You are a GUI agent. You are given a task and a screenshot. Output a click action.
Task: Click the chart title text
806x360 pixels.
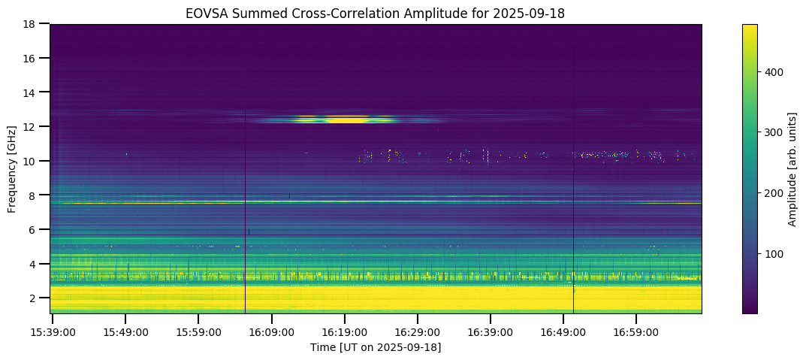(376, 14)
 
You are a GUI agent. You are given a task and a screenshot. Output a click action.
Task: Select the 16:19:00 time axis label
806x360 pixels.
(345, 331)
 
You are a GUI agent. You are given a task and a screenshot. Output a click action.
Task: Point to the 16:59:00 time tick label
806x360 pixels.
(636, 331)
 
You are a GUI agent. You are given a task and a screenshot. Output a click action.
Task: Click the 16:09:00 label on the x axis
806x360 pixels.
(272, 331)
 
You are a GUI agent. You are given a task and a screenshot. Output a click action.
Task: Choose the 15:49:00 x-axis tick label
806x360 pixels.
(125, 331)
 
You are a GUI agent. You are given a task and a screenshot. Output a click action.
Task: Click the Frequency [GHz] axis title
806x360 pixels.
(12, 168)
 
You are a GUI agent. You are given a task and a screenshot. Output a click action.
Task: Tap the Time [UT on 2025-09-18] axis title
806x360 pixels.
(376, 347)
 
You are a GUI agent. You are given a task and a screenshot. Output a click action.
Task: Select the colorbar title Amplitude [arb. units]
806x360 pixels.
(792, 168)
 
